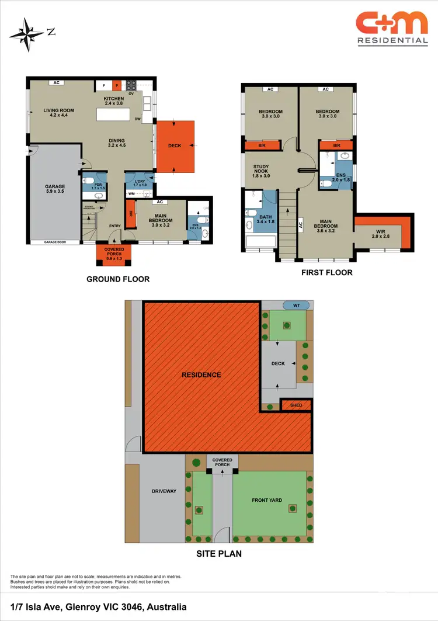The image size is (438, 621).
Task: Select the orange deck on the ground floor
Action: tap(175, 146)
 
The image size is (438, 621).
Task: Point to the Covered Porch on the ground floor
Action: tap(114, 253)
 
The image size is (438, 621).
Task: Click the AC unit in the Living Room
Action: tap(57, 83)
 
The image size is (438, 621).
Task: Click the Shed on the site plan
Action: tap(295, 405)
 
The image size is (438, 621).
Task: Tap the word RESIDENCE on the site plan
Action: tap(201, 375)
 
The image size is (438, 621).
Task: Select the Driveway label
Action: tap(164, 491)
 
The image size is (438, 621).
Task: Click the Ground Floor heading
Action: tap(118, 279)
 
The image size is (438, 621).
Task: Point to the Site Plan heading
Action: tap(218, 554)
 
